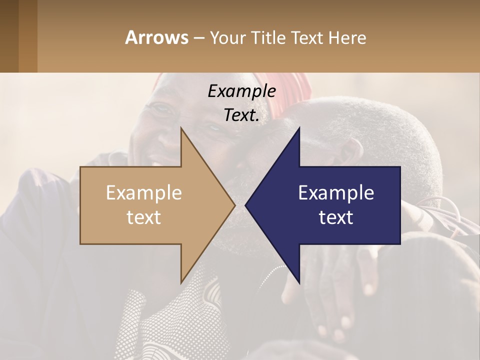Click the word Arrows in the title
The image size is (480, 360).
[x=156, y=37]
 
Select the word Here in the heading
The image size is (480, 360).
[x=347, y=37]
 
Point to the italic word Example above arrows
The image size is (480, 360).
[x=241, y=91]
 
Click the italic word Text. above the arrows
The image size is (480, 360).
[x=241, y=115]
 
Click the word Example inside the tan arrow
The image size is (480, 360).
[x=144, y=193]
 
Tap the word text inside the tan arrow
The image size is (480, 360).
[x=144, y=217]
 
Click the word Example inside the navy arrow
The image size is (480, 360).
[x=336, y=193]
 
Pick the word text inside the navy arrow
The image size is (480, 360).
[x=336, y=217]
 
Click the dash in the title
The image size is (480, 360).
[x=198, y=38]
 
